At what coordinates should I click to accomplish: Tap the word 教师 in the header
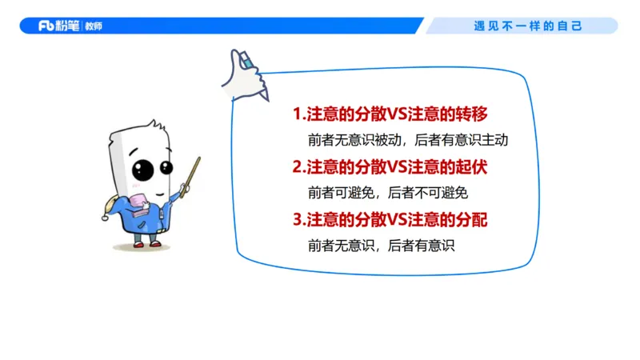point(93,26)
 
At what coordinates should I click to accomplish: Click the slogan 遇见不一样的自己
point(528,26)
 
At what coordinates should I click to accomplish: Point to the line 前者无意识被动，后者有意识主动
point(408,140)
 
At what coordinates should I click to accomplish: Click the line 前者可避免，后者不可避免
point(387,193)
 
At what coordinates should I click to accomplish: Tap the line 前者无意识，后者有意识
point(381,246)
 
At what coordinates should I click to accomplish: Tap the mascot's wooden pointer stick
point(191,177)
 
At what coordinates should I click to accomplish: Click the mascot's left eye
point(142,170)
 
